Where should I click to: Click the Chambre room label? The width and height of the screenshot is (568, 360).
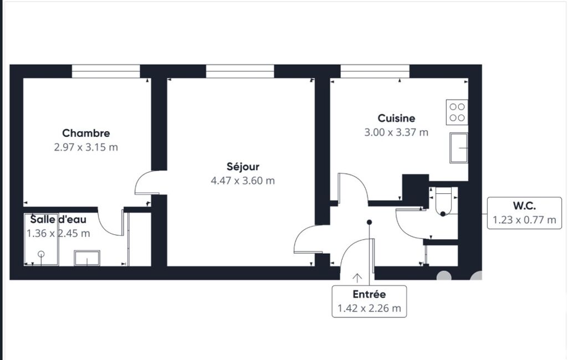86,133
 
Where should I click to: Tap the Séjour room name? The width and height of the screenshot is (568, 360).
243,167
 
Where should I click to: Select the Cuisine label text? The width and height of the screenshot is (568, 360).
396,119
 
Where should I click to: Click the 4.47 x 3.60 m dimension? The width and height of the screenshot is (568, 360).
243,181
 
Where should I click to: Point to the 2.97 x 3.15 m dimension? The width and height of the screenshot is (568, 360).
86,147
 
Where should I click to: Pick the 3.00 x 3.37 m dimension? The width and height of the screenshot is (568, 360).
396,132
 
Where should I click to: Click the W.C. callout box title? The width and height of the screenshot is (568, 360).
524,206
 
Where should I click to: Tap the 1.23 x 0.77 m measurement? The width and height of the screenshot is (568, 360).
524,220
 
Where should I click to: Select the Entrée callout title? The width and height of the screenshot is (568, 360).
369,295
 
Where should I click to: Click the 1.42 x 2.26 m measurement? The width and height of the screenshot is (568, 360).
369,308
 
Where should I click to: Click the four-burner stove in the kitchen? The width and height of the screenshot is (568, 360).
457,112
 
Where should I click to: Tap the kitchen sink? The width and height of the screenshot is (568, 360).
459,148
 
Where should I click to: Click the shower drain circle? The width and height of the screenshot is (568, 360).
42,254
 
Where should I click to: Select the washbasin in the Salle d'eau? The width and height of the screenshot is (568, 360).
87,258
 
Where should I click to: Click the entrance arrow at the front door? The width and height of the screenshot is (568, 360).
357,278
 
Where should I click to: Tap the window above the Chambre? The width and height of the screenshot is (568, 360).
106,71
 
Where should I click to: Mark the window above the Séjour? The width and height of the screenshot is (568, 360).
240,71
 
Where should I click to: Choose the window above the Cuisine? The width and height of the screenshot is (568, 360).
375,71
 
